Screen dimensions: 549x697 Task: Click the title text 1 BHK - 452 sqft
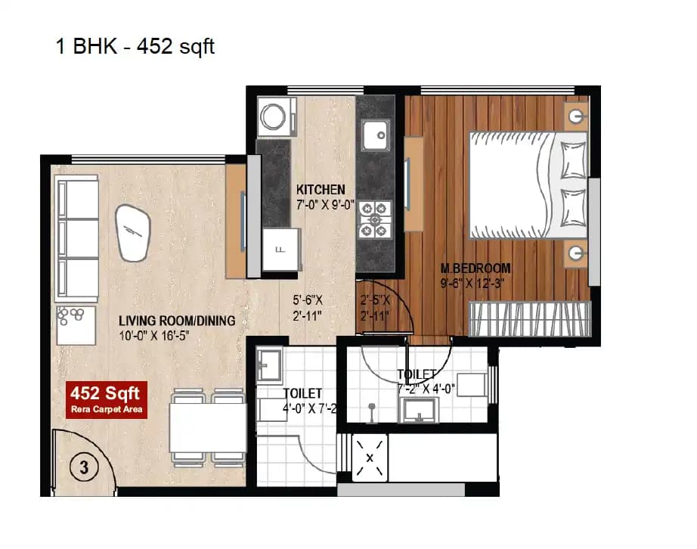click(x=135, y=46)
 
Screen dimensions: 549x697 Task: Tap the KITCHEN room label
click(x=321, y=189)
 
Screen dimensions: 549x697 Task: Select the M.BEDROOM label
click(x=476, y=268)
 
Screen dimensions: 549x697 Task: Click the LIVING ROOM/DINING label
click(x=177, y=321)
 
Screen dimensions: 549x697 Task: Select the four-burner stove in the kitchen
click(x=372, y=215)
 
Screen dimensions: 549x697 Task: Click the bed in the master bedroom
click(x=528, y=184)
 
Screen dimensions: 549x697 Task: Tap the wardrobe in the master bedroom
click(x=529, y=318)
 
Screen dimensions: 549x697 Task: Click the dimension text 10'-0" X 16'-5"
click(x=157, y=335)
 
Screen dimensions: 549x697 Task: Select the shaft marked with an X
click(x=370, y=457)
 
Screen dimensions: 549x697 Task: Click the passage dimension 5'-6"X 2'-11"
click(x=308, y=306)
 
